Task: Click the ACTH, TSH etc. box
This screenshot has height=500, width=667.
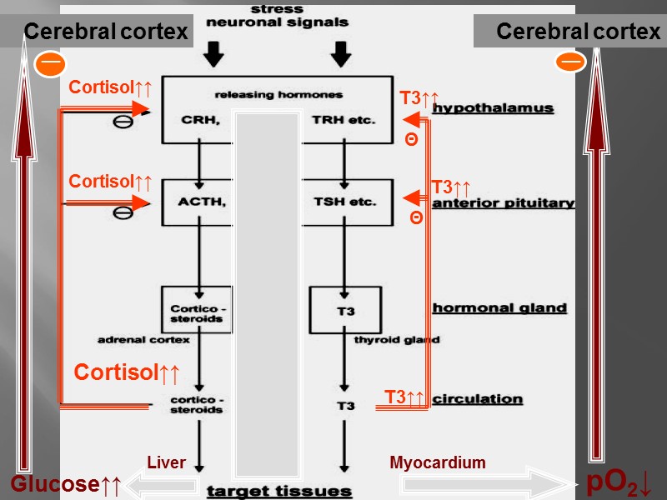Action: (276, 202)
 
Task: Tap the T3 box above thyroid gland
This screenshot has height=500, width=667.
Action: (345, 310)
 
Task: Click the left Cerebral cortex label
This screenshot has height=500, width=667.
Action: (106, 32)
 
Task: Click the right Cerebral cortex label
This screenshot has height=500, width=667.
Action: (578, 32)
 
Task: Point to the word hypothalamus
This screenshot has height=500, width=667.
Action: (493, 108)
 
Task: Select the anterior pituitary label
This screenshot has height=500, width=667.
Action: (503, 202)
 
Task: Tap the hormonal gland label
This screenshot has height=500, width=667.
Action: (499, 307)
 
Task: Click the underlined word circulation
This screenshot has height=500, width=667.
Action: (478, 399)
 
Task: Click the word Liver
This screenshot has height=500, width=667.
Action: (166, 462)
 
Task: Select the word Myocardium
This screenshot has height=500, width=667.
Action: (437, 462)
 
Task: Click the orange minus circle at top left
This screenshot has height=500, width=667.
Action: (49, 63)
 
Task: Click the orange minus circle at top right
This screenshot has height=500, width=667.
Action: (571, 62)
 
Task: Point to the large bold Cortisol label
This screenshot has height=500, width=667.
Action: (127, 372)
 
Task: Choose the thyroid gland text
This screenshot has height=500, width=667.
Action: (397, 340)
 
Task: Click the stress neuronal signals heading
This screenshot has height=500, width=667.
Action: (277, 16)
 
